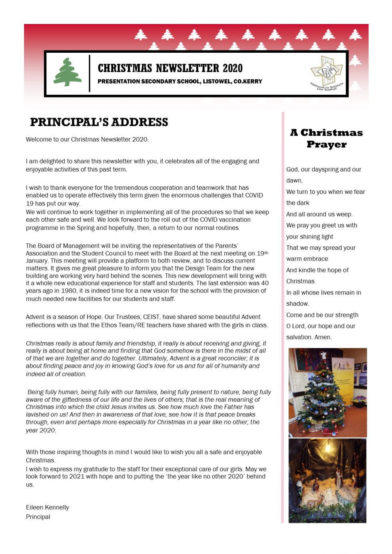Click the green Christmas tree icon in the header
[68, 72]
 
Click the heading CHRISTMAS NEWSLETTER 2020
[170, 68]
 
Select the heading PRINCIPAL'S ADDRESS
[99, 122]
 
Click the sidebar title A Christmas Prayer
[326, 138]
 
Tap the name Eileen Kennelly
[47, 507]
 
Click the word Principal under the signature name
[38, 516]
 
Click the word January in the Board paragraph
[37, 261]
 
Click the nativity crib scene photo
[327, 480]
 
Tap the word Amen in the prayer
[323, 337]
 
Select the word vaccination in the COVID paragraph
[234, 219]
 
